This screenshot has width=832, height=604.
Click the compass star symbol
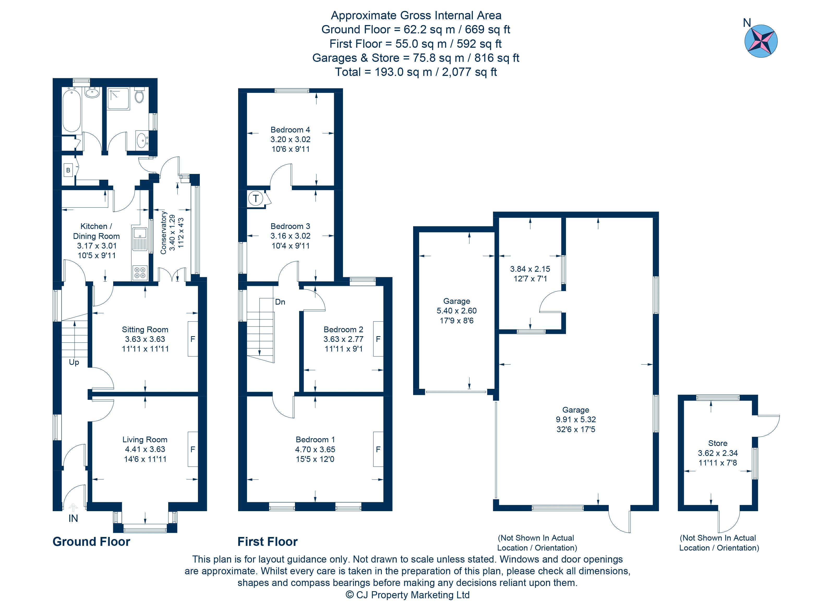coord(761,41)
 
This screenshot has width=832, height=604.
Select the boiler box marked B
coord(68,170)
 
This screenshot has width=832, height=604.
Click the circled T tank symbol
coord(255,199)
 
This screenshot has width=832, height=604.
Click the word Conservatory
coord(163,233)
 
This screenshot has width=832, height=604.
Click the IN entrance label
coord(73,518)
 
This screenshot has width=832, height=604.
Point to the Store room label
coord(717,443)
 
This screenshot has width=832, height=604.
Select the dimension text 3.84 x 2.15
coord(530,269)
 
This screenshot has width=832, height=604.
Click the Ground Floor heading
coord(91,542)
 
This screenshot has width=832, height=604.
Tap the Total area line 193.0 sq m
coord(416,72)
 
